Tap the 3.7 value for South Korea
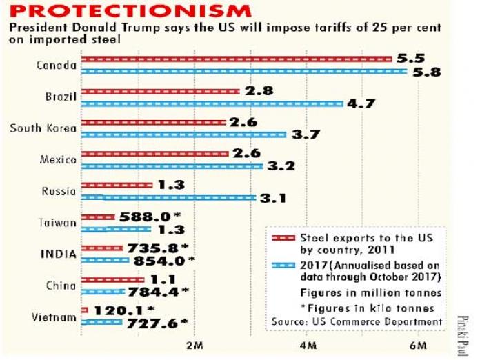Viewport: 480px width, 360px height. tap(305, 134)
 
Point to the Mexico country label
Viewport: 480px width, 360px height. tap(58, 160)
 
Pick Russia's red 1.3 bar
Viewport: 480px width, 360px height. tap(117, 185)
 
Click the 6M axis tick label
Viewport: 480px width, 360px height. tap(417, 343)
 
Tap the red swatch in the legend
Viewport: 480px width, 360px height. tap(283, 237)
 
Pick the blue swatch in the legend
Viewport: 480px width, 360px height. tap(283, 265)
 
